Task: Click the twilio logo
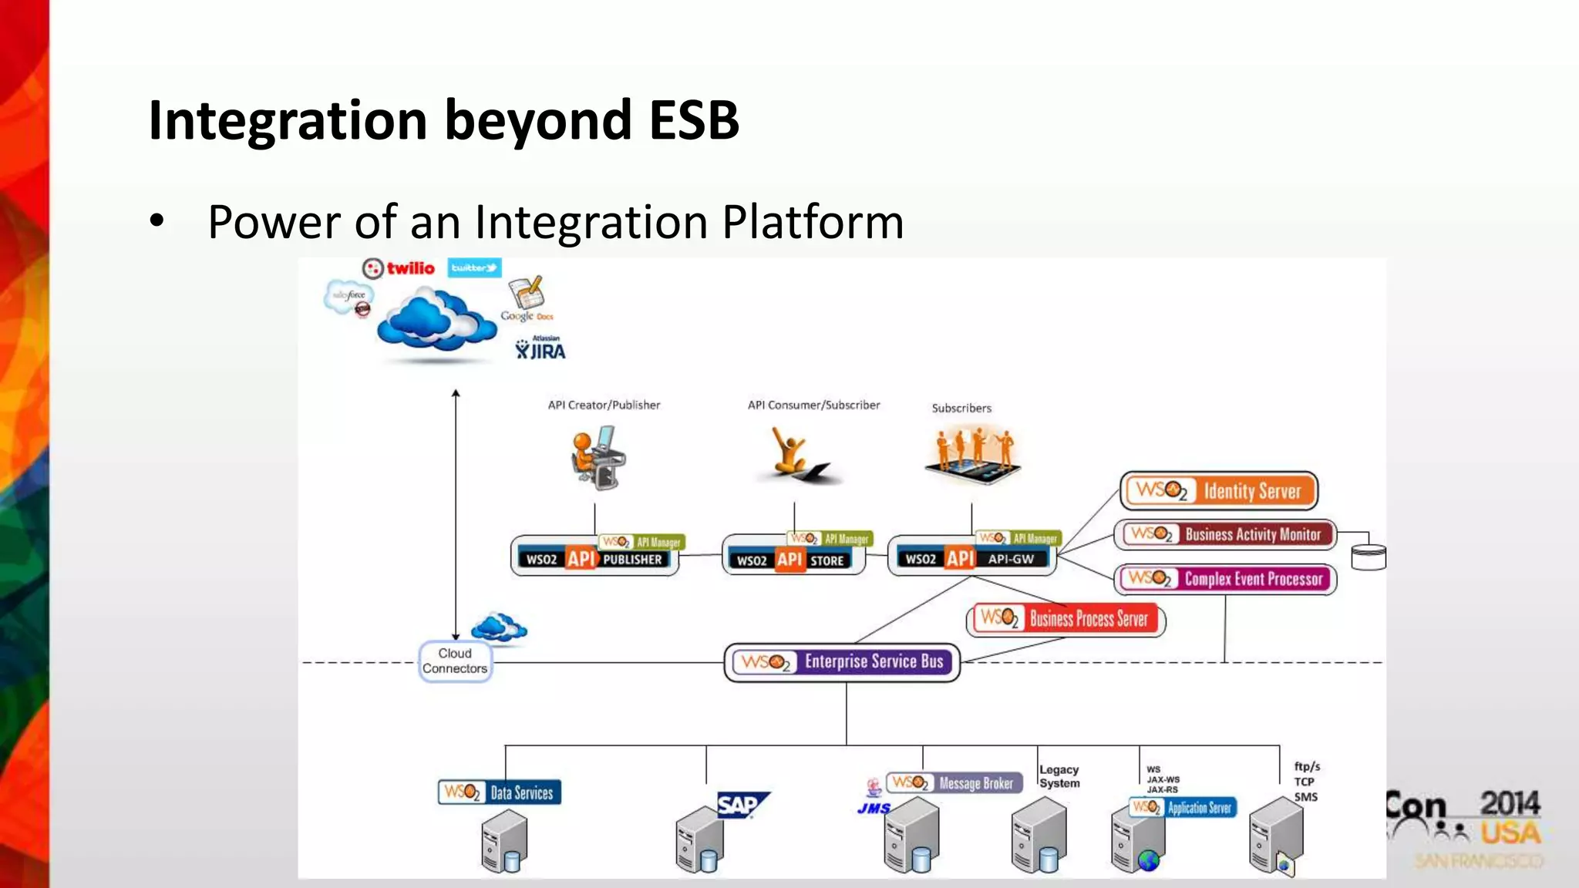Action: [x=399, y=268]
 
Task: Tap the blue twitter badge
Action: [x=474, y=267]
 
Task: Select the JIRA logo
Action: [x=540, y=349]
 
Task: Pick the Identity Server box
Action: [x=1219, y=491]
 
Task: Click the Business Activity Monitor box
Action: [x=1225, y=534]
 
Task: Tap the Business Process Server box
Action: [x=1065, y=619]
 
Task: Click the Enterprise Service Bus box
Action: [x=842, y=662]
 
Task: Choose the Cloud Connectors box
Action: [x=455, y=661]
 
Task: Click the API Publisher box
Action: [x=594, y=557]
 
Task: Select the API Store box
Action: [x=793, y=558]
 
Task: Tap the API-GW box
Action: [x=971, y=557]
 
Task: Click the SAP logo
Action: [x=741, y=805]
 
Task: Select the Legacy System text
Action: [x=1059, y=776]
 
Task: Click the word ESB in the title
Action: [x=693, y=120]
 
